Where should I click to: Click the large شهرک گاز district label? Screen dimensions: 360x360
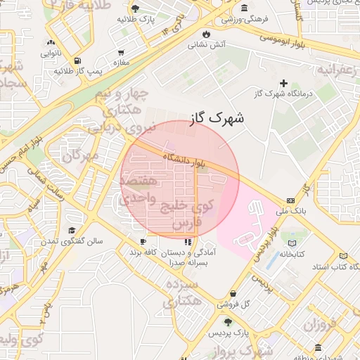tap(218, 118)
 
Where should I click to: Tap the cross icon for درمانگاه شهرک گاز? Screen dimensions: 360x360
tap(284, 83)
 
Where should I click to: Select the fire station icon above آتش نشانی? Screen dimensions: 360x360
tap(206, 34)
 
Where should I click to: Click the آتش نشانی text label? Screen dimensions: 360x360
tap(206, 45)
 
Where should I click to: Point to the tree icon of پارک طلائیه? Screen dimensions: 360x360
tap(135, 8)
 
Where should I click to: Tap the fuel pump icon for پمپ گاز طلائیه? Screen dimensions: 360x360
tap(76, 60)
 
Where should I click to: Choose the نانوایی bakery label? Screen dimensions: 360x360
tap(51, 53)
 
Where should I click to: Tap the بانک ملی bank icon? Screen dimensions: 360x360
tap(291, 200)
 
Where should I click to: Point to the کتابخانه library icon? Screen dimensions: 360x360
tap(292, 243)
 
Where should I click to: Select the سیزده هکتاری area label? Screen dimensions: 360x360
tap(183, 292)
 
